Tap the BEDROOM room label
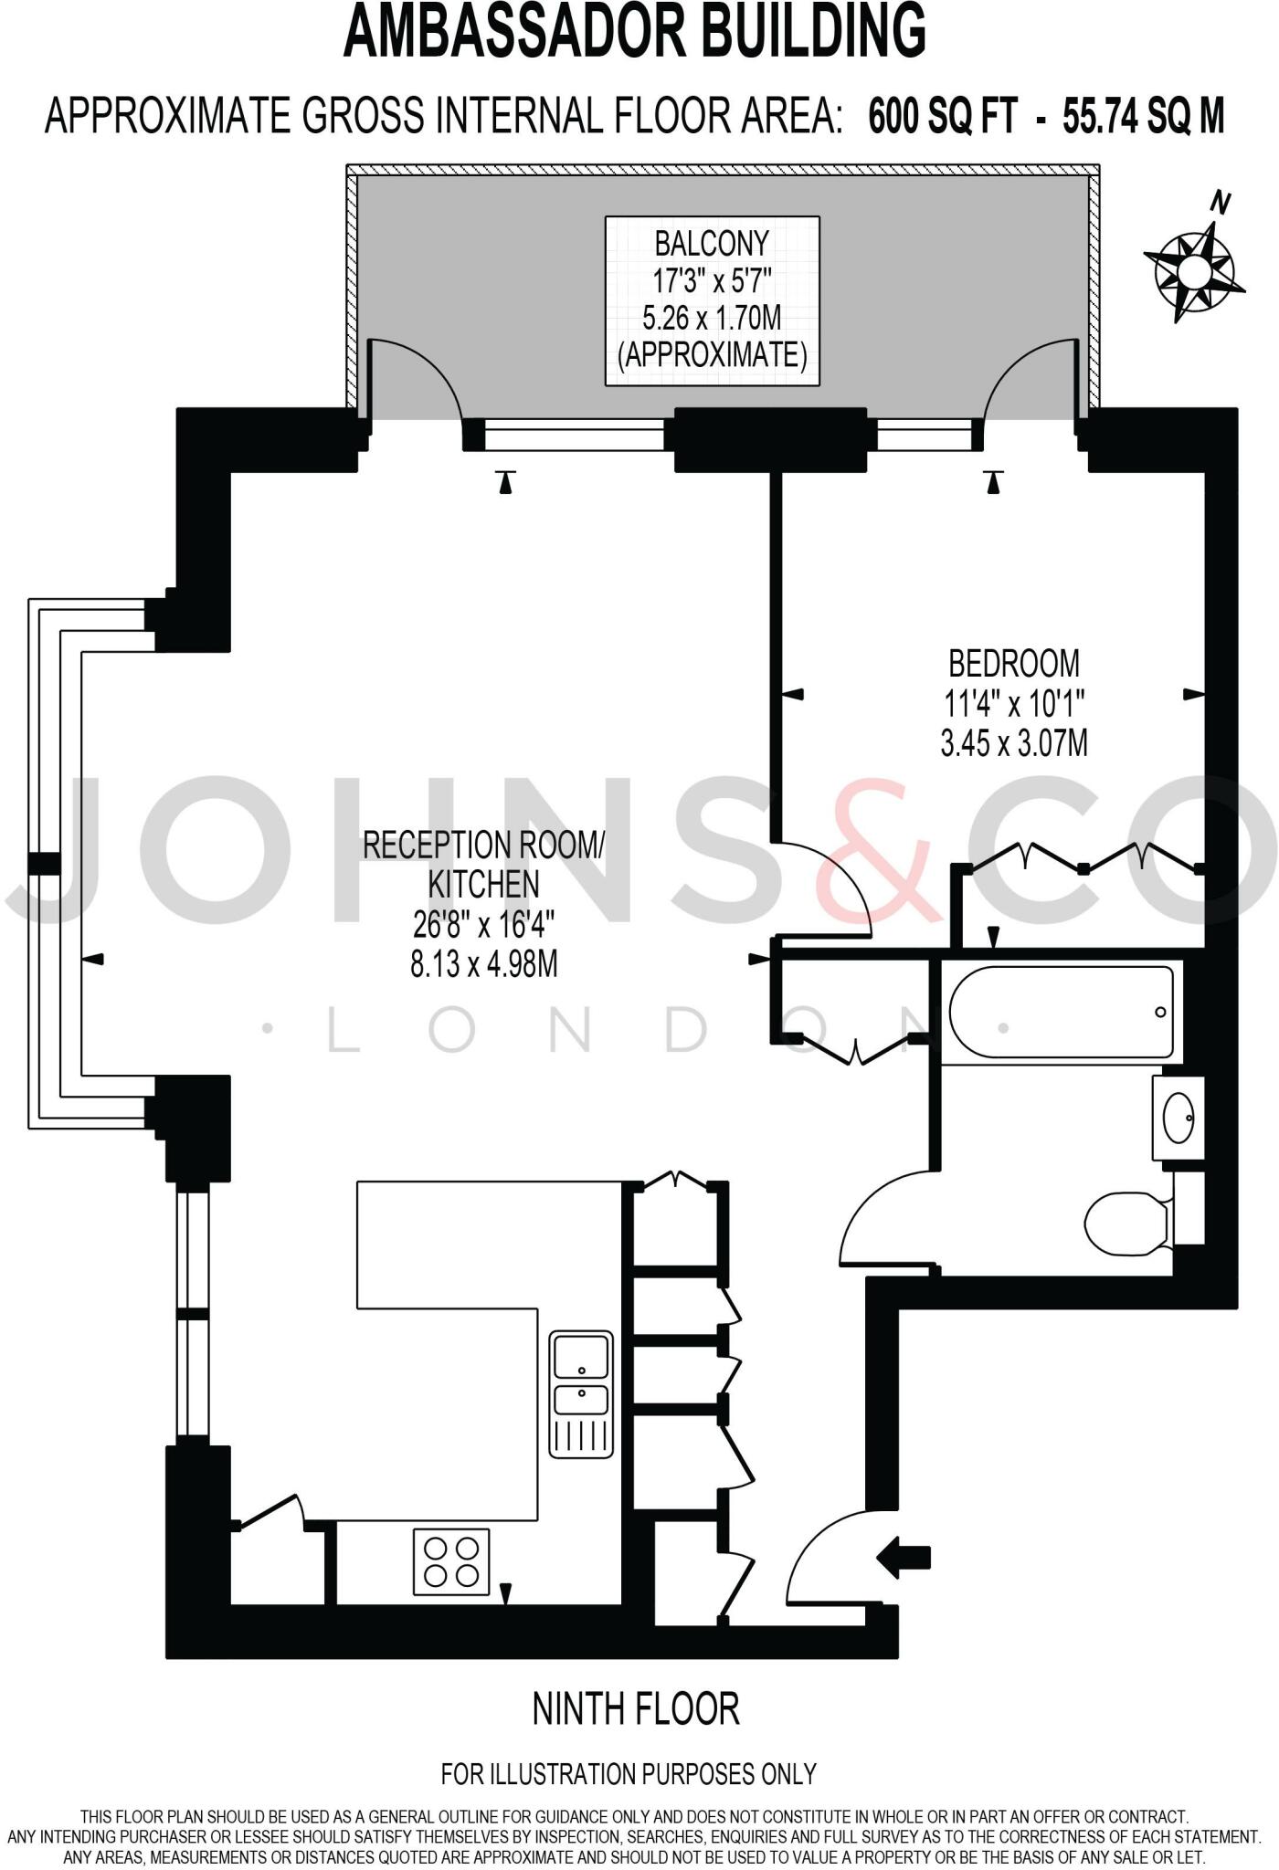tap(1013, 663)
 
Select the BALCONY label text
tap(712, 244)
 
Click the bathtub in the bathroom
tap(1061, 1012)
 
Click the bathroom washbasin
tap(1178, 1117)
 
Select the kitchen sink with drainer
tap(581, 1392)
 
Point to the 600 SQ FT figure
tap(942, 117)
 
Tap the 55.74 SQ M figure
tap(1143, 117)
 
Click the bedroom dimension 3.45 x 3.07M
tap(1014, 743)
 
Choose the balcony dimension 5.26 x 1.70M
tap(712, 318)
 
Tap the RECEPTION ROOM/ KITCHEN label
tap(483, 864)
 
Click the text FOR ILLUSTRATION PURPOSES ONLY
tap(629, 1774)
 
